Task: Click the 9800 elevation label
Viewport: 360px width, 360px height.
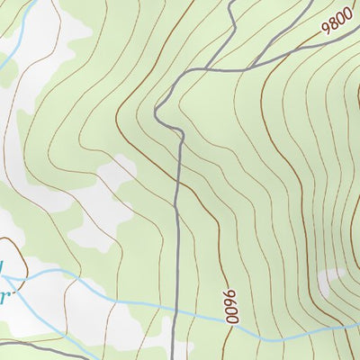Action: coord(337,20)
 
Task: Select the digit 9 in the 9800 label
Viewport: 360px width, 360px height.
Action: coord(326,28)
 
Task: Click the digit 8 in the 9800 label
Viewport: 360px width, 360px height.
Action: coord(333,22)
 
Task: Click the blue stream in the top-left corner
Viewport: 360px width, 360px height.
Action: coord(27,18)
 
